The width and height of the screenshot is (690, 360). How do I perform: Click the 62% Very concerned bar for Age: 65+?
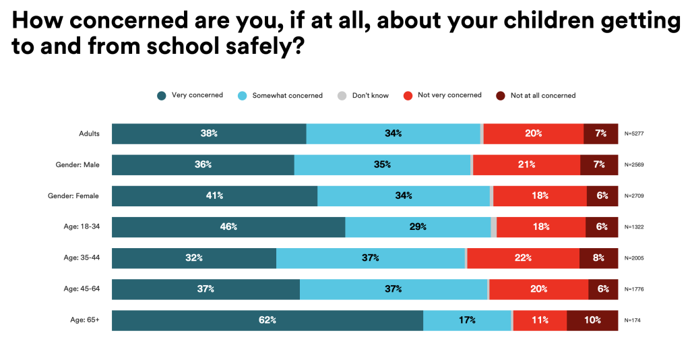point(267,320)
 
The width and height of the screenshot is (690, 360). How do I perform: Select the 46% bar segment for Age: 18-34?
point(228,227)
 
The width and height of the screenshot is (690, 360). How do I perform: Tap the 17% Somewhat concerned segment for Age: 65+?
point(468,320)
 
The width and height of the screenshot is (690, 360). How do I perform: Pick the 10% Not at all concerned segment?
point(592,320)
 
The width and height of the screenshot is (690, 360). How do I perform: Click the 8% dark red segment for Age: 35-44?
point(598,258)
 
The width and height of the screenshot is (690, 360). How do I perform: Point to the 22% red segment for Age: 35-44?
point(523,258)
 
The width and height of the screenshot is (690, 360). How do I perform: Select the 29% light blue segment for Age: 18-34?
point(418,227)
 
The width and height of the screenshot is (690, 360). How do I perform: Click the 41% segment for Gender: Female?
point(214,196)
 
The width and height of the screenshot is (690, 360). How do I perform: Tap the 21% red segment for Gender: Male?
point(526,164)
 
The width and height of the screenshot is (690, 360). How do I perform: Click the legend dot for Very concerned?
point(161,96)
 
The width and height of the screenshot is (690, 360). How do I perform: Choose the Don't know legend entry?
point(370,96)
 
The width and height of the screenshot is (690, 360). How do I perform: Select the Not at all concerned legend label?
point(542,96)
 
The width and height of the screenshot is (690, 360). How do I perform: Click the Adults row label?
point(89,133)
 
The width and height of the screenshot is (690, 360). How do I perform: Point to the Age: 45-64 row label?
point(82,289)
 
